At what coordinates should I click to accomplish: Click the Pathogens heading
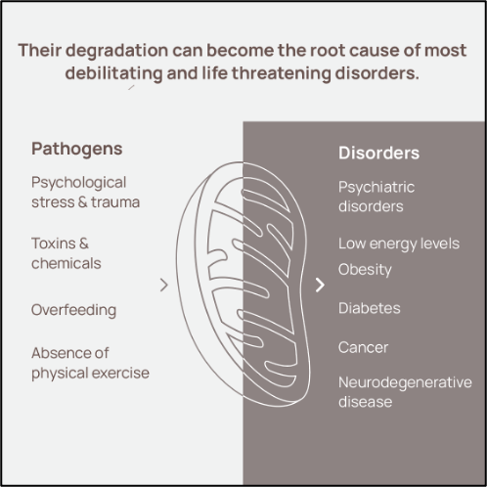tap(77, 150)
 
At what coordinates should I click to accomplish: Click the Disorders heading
tap(378, 153)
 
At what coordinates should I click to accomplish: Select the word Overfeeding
tap(73, 310)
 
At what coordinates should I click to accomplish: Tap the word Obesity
tap(365, 270)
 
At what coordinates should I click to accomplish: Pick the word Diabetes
tap(370, 308)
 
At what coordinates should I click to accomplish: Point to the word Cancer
tap(363, 347)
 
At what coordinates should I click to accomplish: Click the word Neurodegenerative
tap(405, 382)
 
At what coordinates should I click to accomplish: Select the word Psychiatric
tap(376, 188)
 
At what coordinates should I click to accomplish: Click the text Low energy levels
tap(399, 243)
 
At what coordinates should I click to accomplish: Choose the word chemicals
tap(66, 263)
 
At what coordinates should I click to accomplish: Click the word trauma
tap(115, 202)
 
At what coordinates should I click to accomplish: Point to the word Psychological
tap(78, 183)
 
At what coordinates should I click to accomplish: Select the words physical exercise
tap(90, 374)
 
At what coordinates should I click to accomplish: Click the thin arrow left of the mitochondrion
tap(164, 285)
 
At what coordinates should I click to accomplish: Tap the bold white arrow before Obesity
tap(320, 285)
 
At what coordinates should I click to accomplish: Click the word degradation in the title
tap(117, 51)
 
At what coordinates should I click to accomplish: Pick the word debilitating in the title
tap(113, 73)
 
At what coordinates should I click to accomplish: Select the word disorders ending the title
tap(376, 73)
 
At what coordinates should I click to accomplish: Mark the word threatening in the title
tap(282, 73)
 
